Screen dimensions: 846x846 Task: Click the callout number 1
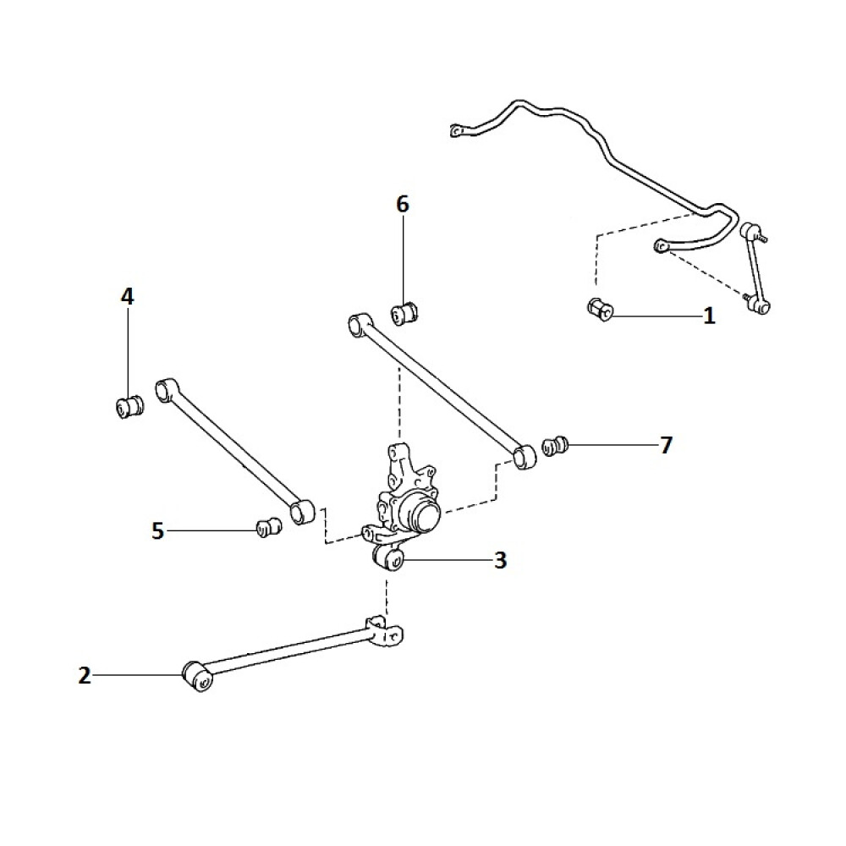[x=709, y=317]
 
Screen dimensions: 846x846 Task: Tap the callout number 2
[x=85, y=676]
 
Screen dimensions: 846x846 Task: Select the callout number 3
[x=500, y=560]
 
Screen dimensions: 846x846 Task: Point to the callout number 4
[x=127, y=297]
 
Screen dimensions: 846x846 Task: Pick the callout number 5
[x=157, y=531]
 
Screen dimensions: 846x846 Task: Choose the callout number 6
[x=403, y=204]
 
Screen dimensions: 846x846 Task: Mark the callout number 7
[x=666, y=446]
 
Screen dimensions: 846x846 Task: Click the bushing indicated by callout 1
[x=600, y=310]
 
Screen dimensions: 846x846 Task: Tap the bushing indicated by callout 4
[x=129, y=407]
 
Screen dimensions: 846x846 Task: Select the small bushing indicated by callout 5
[x=268, y=527]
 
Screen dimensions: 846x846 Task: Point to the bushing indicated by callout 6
[x=404, y=312]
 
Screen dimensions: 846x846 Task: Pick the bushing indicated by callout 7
[x=555, y=445]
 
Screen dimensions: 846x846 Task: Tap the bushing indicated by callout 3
[x=389, y=558]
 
